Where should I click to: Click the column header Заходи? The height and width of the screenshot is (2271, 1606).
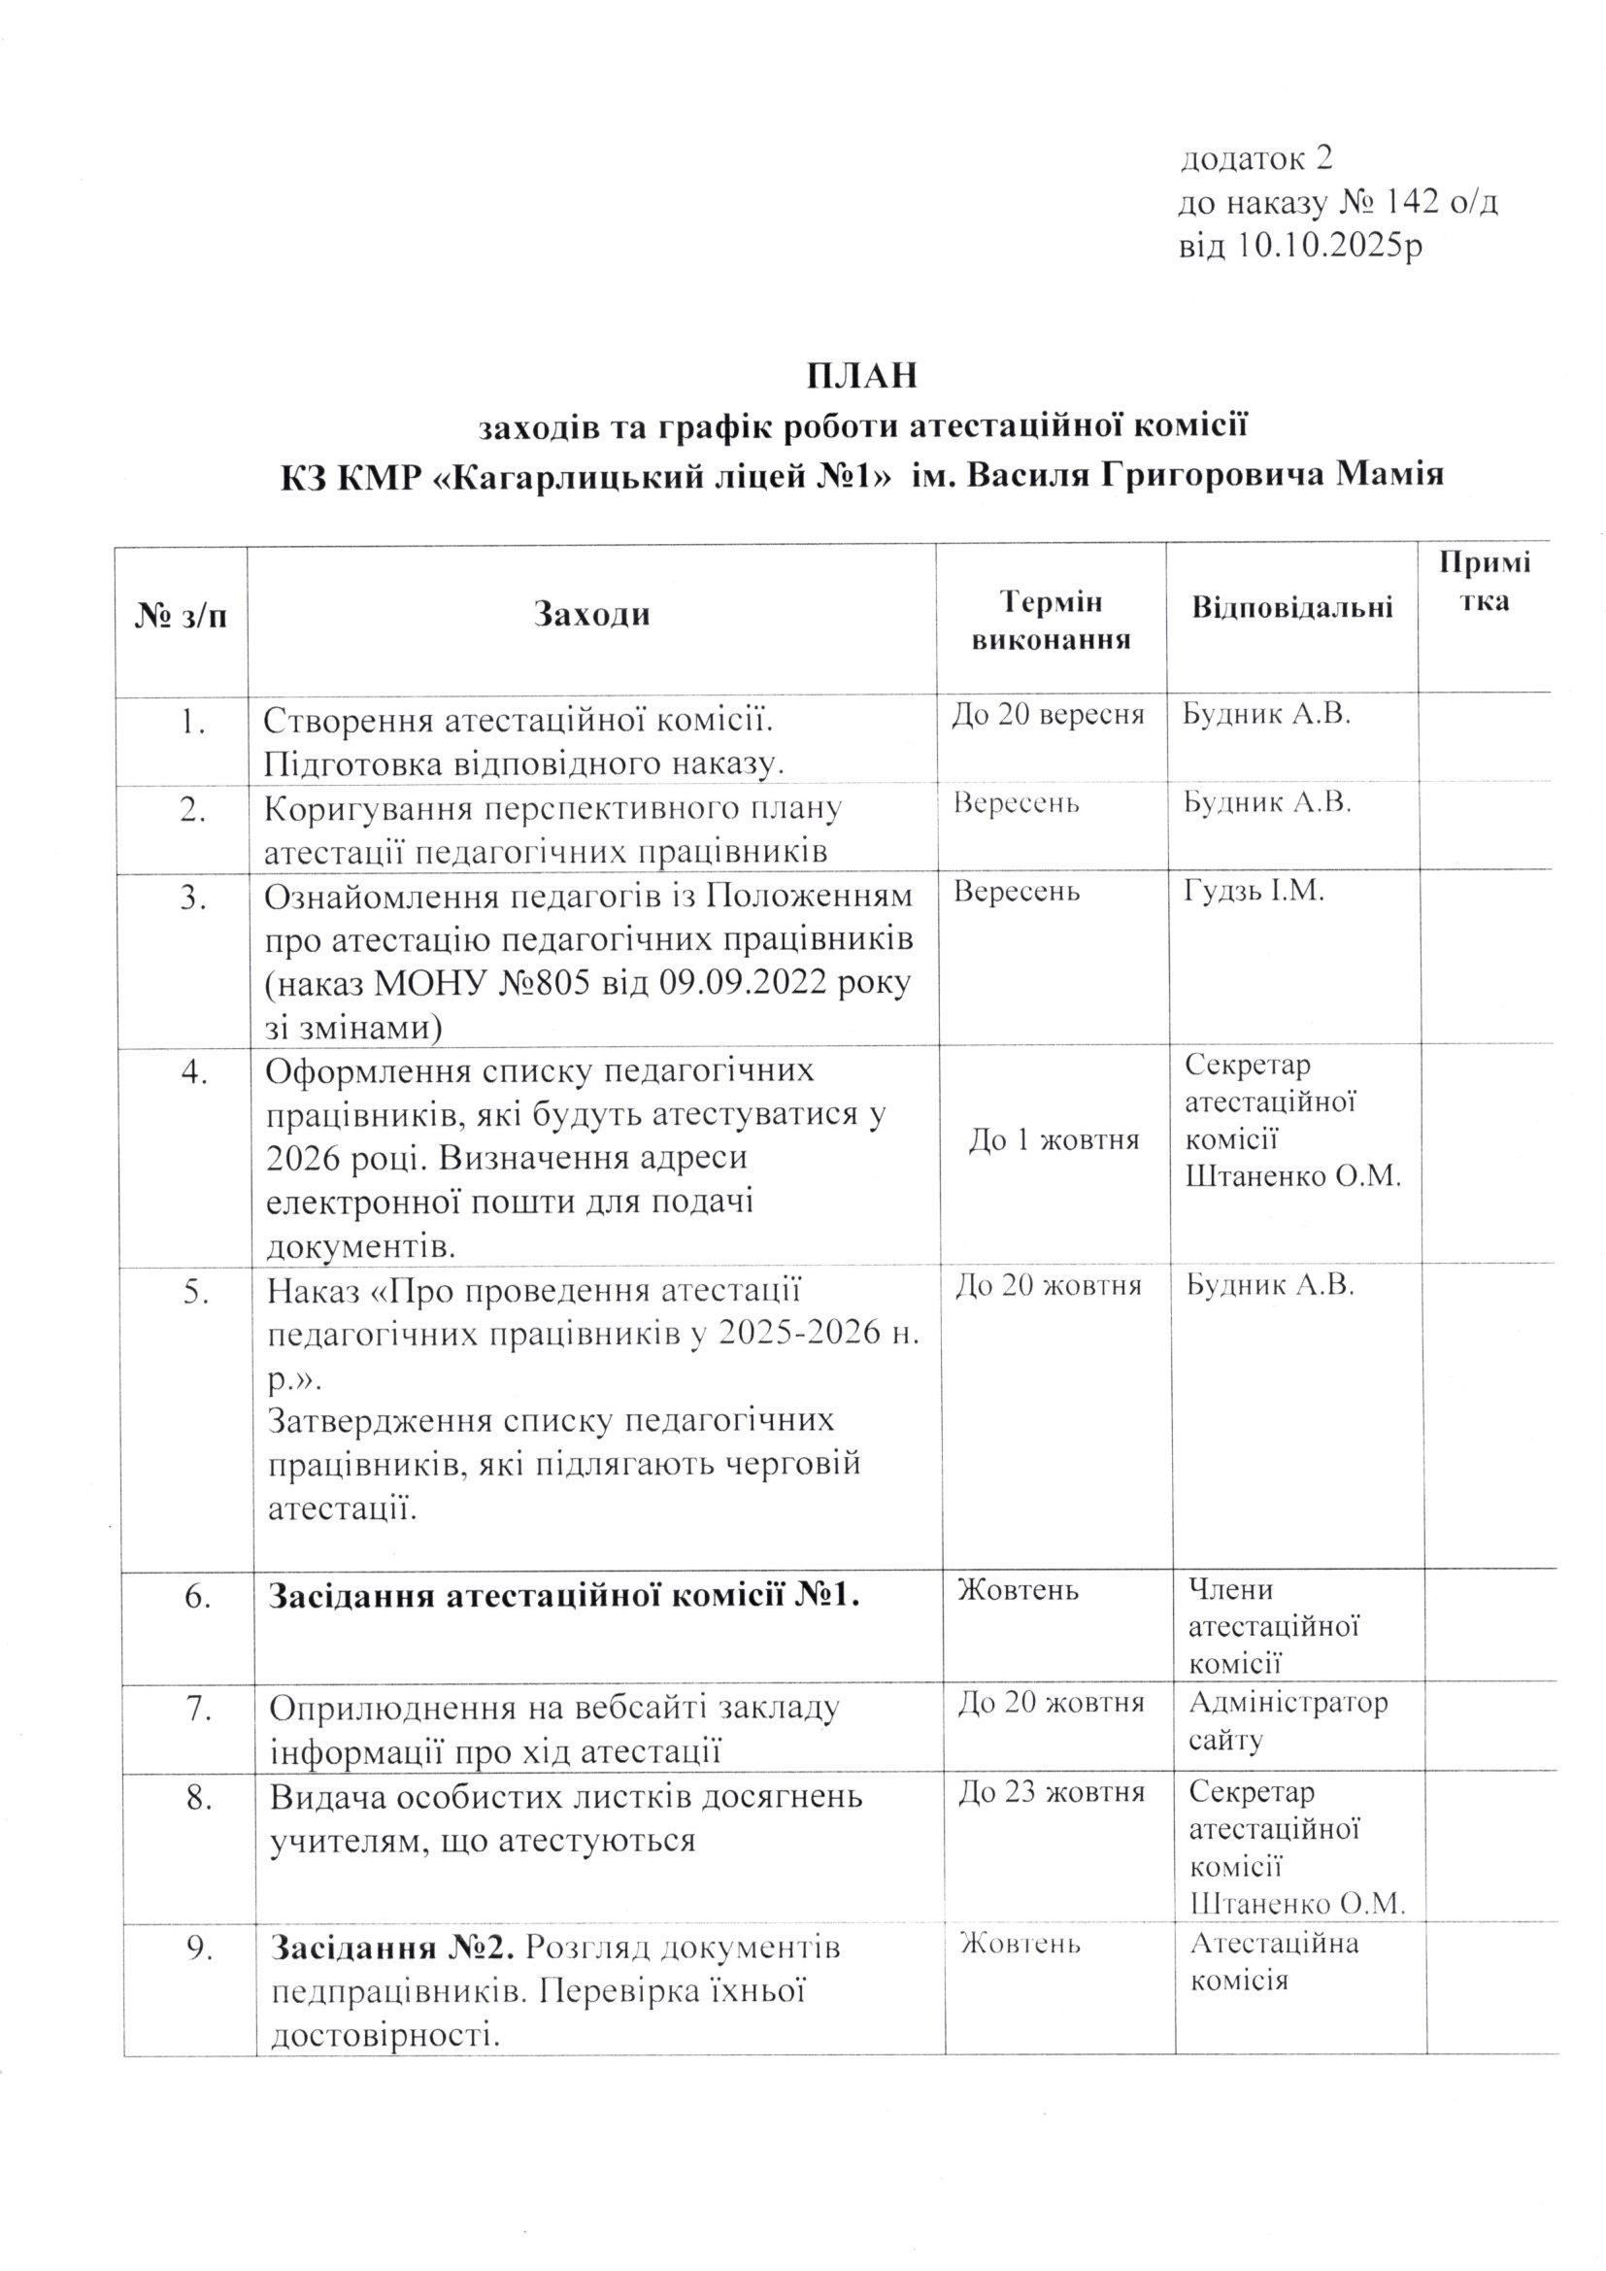pos(591,615)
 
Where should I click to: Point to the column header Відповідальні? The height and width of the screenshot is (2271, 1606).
pos(1291,606)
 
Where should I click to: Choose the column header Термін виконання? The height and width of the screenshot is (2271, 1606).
pos(1051,620)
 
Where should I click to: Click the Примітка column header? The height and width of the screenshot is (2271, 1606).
pos(1485,582)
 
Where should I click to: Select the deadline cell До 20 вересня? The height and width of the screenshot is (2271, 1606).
pos(1049,715)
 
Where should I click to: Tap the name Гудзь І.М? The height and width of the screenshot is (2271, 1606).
pos(1253,891)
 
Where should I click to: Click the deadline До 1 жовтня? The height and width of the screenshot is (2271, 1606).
pos(1054,1140)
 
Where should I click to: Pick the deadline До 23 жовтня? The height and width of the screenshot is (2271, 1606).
pos(1052,1791)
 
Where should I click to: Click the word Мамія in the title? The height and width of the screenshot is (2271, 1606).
pos(1389,475)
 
